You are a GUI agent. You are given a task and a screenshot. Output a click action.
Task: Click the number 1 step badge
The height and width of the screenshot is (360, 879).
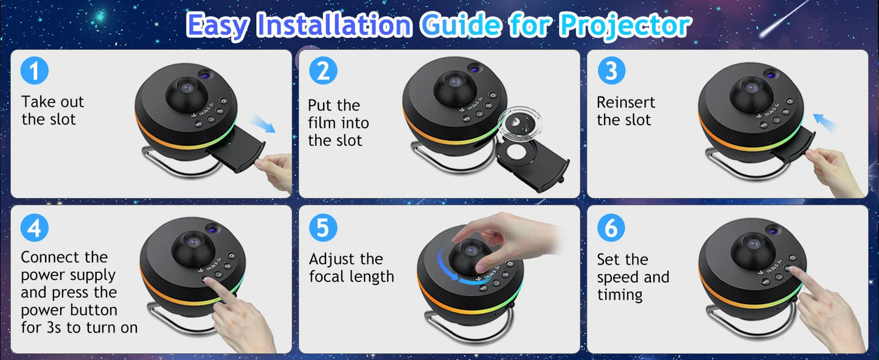[34, 71]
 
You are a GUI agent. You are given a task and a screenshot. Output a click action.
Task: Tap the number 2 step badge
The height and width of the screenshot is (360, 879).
[323, 71]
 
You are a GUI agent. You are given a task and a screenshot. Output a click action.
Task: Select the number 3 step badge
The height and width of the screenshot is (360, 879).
[611, 71]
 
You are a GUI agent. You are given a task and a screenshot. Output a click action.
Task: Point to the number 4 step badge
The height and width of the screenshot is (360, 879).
[34, 228]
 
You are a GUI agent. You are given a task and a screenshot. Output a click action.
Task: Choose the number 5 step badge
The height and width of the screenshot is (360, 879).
[323, 228]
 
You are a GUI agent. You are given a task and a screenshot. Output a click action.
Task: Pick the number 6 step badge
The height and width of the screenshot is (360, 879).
[611, 228]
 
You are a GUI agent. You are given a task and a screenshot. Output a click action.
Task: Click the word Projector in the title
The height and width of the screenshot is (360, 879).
[625, 26]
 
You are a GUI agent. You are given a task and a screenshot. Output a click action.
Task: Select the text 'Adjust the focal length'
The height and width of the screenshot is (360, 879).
[352, 268]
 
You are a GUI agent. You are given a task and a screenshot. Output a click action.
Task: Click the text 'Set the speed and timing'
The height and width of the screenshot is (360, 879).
[633, 277]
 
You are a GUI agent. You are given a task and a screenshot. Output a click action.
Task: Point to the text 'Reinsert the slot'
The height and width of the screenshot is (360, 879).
[626, 111]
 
